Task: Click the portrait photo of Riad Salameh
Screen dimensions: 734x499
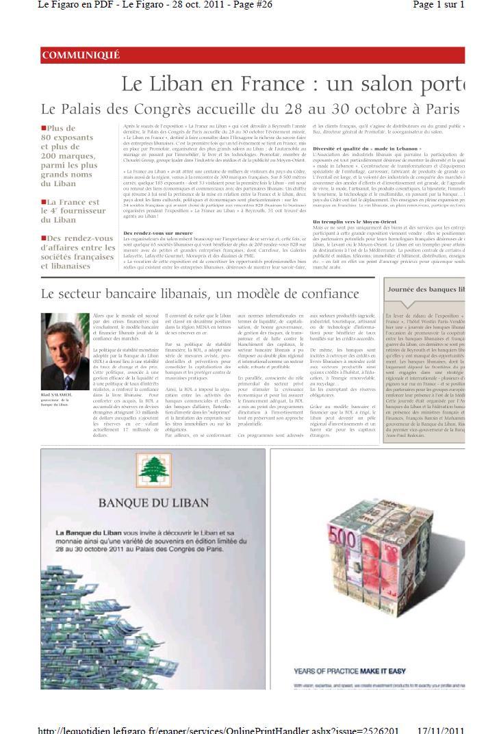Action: (65, 351)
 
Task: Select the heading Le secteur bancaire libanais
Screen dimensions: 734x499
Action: (199, 294)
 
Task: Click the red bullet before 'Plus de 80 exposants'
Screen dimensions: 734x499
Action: (44, 128)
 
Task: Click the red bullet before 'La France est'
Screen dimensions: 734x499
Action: (44, 202)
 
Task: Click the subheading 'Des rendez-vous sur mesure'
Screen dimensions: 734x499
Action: (157, 233)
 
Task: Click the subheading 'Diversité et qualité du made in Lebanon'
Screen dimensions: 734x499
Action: (367, 149)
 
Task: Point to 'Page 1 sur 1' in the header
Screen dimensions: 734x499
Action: (439, 5)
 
